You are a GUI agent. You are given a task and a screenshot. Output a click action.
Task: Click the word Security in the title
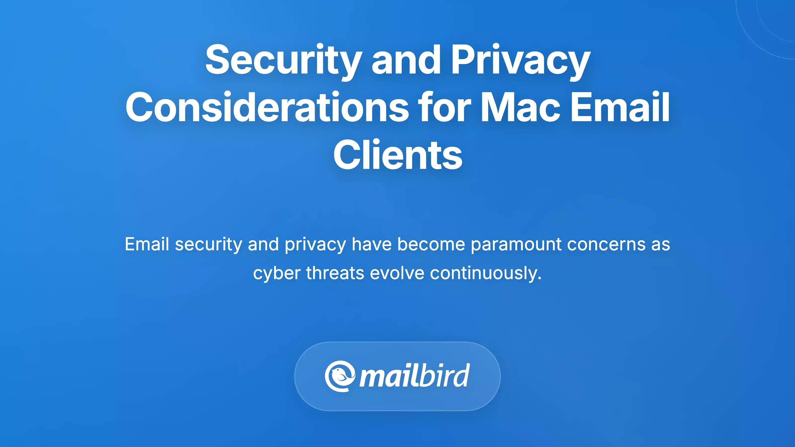283,60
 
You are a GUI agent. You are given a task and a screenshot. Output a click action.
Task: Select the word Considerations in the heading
267,107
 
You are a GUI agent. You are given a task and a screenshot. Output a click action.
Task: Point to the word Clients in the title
397,155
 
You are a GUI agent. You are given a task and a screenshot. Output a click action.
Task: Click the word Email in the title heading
620,107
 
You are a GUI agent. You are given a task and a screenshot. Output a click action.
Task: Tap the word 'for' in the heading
444,107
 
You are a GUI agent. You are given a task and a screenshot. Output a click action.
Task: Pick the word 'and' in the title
406,60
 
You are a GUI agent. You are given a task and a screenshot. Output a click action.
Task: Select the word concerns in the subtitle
606,244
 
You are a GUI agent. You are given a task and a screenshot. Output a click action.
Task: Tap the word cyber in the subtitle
277,273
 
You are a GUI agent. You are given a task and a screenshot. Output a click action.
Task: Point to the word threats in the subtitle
335,273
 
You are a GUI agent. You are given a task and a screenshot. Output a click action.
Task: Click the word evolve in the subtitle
397,273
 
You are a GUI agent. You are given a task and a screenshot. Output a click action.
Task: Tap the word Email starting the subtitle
147,244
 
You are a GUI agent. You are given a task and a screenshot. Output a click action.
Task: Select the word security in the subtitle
208,244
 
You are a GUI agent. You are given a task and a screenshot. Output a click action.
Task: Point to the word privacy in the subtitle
315,244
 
